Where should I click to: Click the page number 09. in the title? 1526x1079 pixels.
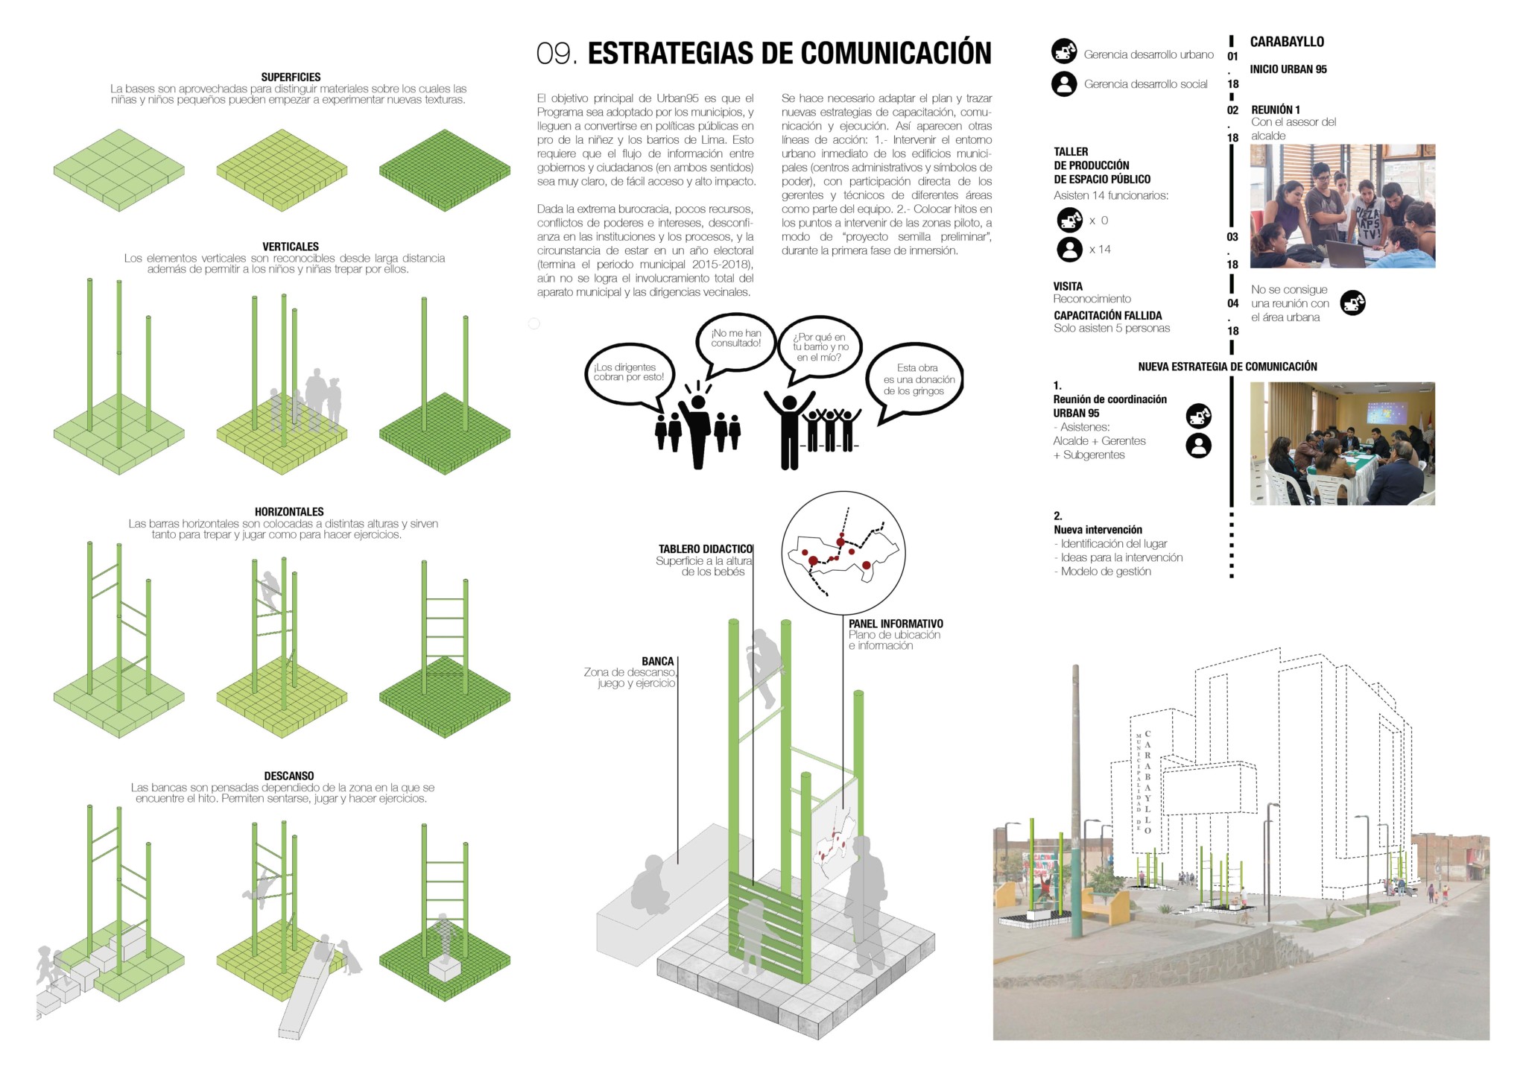tap(557, 54)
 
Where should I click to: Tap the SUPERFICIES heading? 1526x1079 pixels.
tap(291, 77)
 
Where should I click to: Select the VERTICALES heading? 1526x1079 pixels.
tap(291, 246)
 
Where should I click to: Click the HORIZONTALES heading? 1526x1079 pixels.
tap(289, 511)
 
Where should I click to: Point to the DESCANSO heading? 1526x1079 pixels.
tap(289, 776)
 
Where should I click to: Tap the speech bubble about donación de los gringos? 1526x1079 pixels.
tap(916, 382)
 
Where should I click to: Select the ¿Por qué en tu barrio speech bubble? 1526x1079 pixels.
tap(820, 349)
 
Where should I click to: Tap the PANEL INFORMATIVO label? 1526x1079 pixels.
tap(896, 624)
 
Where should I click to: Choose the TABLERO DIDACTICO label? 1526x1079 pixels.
tap(706, 548)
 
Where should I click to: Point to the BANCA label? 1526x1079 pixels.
tap(658, 661)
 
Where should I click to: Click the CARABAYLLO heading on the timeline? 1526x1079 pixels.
tap(1287, 42)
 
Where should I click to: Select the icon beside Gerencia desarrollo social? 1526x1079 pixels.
tap(1064, 83)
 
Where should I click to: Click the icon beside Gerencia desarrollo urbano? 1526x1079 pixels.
tap(1064, 51)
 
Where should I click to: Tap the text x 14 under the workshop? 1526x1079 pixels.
tap(1100, 250)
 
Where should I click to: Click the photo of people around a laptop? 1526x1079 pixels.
tap(1343, 206)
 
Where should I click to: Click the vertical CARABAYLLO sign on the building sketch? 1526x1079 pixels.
tap(1148, 782)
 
